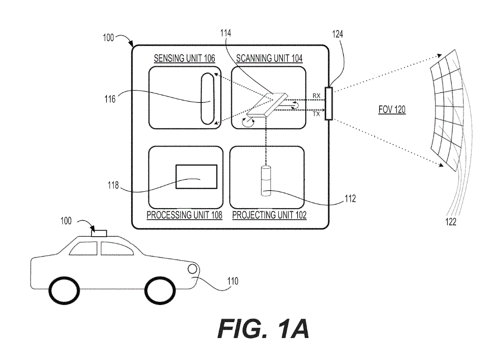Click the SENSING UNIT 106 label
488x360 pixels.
(184, 58)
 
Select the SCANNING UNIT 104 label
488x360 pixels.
(269, 58)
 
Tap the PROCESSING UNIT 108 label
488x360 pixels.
(184, 215)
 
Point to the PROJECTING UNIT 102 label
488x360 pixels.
(269, 215)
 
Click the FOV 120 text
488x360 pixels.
(392, 109)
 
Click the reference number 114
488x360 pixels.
(226, 33)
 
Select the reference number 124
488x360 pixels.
(337, 34)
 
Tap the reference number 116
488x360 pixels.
(110, 99)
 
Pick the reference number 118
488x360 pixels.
(113, 185)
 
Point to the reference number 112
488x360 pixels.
(350, 199)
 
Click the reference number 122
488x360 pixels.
(451, 222)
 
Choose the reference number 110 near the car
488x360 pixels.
(233, 281)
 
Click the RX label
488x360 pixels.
(316, 96)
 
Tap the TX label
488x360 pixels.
(316, 114)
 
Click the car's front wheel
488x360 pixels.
(160, 291)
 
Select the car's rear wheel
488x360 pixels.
(64, 291)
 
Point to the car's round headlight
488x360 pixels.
(192, 269)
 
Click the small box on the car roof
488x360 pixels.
(99, 233)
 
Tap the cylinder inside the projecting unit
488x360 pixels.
(266, 181)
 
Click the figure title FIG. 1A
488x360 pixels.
(263, 329)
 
